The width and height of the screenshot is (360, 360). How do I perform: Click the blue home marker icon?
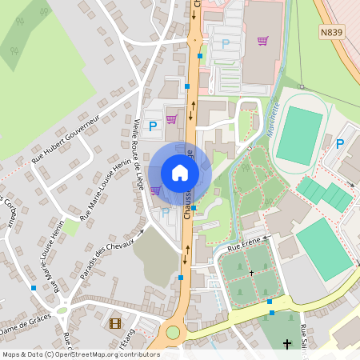[x=180, y=173]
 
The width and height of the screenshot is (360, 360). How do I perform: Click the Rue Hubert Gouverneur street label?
[x=64, y=138]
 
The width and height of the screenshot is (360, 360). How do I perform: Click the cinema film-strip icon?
[x=116, y=323]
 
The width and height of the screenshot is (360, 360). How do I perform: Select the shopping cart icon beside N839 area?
[x=262, y=41]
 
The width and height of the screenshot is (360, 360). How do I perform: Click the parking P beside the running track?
[x=339, y=144]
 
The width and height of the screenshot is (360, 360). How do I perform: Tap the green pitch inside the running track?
[x=299, y=135]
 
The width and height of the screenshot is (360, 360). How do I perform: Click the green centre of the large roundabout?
[x=173, y=332]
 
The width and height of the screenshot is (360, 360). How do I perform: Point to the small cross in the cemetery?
[x=251, y=273]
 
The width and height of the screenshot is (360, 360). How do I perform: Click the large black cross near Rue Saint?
[x=287, y=345]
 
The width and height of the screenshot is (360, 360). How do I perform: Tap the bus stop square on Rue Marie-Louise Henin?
[x=34, y=287]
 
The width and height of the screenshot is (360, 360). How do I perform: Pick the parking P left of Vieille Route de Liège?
[x=152, y=126]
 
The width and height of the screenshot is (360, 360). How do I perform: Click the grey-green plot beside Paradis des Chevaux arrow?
[x=154, y=255]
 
